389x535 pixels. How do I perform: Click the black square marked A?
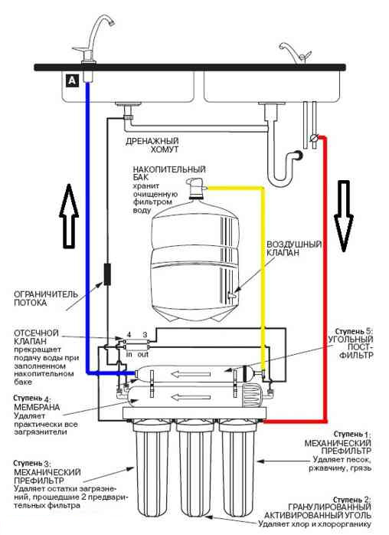coord(72,80)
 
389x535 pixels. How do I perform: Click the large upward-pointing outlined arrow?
coord(69,215)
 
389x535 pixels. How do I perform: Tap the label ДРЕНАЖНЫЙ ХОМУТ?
coord(152,145)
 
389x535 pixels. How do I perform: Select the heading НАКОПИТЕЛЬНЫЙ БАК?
coord(169,173)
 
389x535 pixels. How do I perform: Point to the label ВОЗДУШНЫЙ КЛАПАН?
coord(294,248)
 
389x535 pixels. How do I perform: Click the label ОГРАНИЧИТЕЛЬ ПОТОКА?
coord(46,298)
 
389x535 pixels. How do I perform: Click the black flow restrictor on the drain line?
coord(107,274)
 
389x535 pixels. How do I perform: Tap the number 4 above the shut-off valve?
coord(129,335)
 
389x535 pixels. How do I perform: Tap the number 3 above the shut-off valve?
coord(145,335)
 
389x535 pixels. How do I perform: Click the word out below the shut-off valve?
coord(143,354)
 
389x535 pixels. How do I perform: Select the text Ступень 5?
coord(354,331)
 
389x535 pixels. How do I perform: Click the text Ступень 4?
coord(33,398)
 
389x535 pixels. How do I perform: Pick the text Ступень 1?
coord(352,434)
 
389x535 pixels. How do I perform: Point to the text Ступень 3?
coord(33,464)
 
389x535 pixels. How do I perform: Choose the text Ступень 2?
coord(352,500)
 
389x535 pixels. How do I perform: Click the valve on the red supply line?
coord(314,138)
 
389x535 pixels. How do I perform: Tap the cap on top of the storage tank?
coord(196,188)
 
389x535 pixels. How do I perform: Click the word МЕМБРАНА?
coord(37,407)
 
